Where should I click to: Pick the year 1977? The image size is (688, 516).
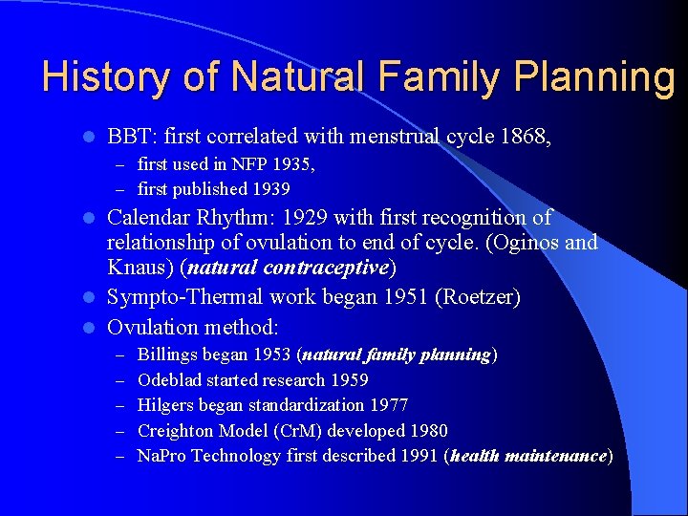point(387,405)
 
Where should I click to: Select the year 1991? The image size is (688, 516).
point(414,456)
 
